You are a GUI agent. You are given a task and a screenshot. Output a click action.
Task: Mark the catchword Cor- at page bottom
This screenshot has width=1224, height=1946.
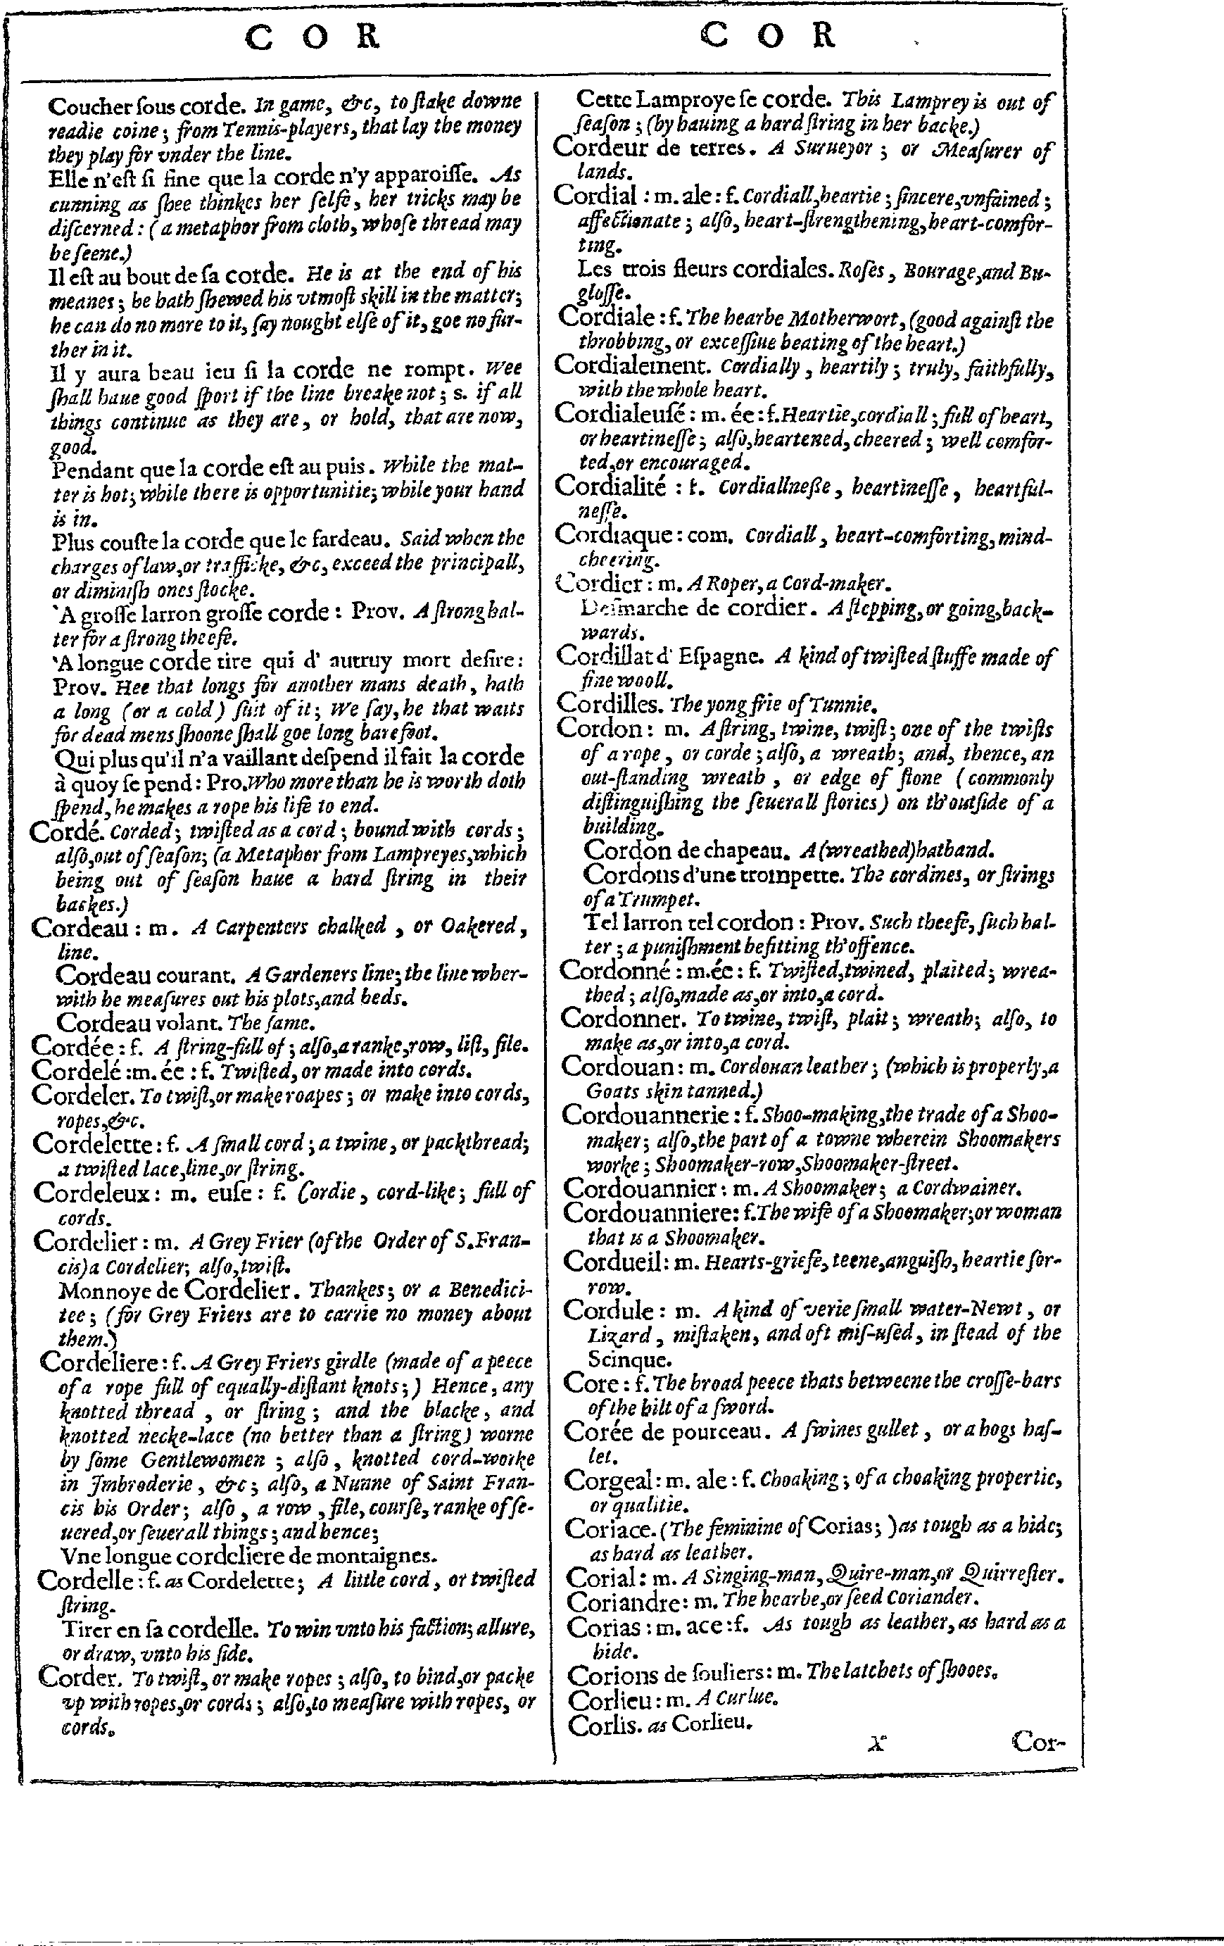[1038, 1743]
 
